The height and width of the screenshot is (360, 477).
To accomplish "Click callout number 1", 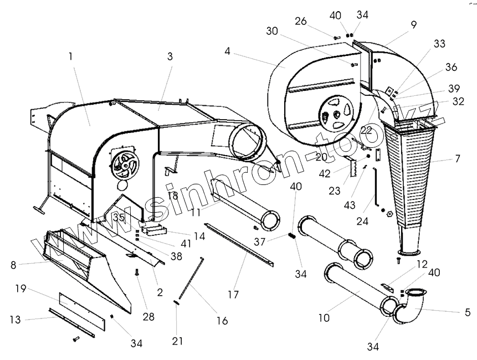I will (70, 56).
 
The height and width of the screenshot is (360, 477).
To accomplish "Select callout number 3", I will (170, 56).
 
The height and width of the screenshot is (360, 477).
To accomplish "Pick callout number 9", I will (413, 24).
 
